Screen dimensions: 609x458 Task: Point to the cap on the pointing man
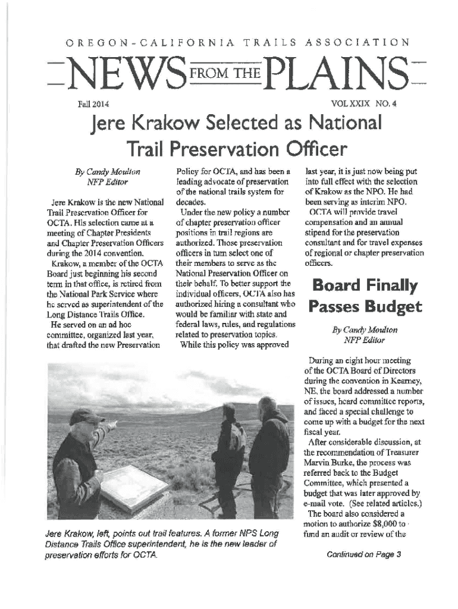click(86, 417)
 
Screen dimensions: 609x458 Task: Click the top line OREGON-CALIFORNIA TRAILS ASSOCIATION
click(228, 43)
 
